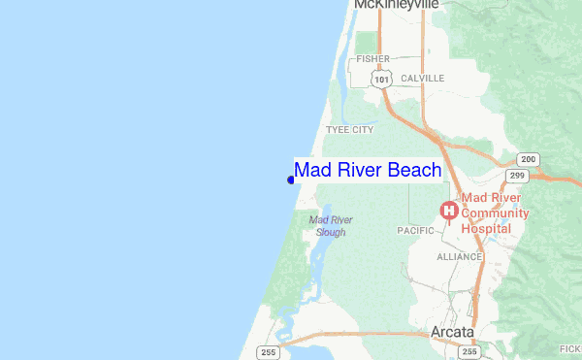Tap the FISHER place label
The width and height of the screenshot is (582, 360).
(x=372, y=58)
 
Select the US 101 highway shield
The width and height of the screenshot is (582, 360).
(x=386, y=78)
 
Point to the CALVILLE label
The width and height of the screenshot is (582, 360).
(x=422, y=78)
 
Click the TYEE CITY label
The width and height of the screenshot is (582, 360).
(x=350, y=129)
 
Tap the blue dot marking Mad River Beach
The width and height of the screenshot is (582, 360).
(x=291, y=179)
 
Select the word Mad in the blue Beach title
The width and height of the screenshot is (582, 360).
(x=313, y=170)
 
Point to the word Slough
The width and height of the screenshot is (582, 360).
(x=330, y=233)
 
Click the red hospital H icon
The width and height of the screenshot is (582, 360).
(x=449, y=210)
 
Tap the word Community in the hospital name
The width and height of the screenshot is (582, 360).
(x=495, y=213)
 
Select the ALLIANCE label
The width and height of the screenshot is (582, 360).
(x=460, y=257)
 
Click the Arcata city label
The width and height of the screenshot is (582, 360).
(x=452, y=333)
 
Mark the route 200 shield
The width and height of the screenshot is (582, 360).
(x=529, y=159)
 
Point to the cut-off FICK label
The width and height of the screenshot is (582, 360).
(x=571, y=348)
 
